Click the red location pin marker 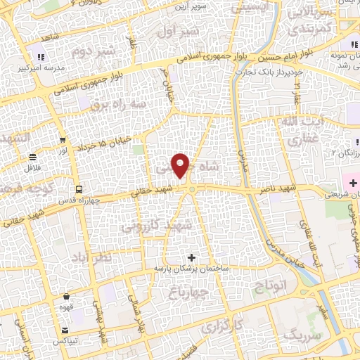(181, 165)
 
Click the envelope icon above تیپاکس (65, 330)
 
